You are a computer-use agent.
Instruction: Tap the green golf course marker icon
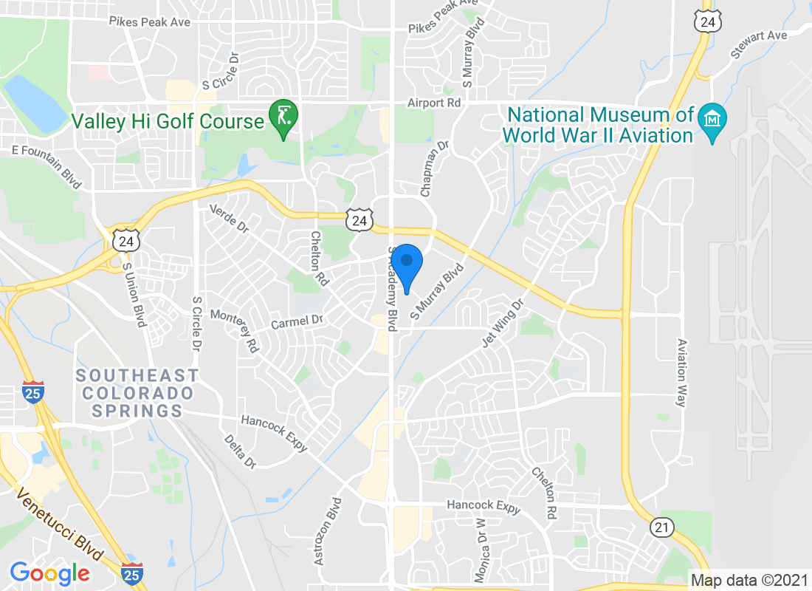[x=283, y=118]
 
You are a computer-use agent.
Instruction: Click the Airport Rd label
[x=435, y=103]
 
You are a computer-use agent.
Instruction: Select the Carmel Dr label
[x=297, y=322]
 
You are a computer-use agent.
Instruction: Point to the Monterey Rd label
[x=235, y=330]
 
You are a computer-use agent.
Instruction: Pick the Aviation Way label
[x=682, y=373]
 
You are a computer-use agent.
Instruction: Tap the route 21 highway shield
[x=661, y=527]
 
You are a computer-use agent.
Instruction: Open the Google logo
[x=50, y=573]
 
